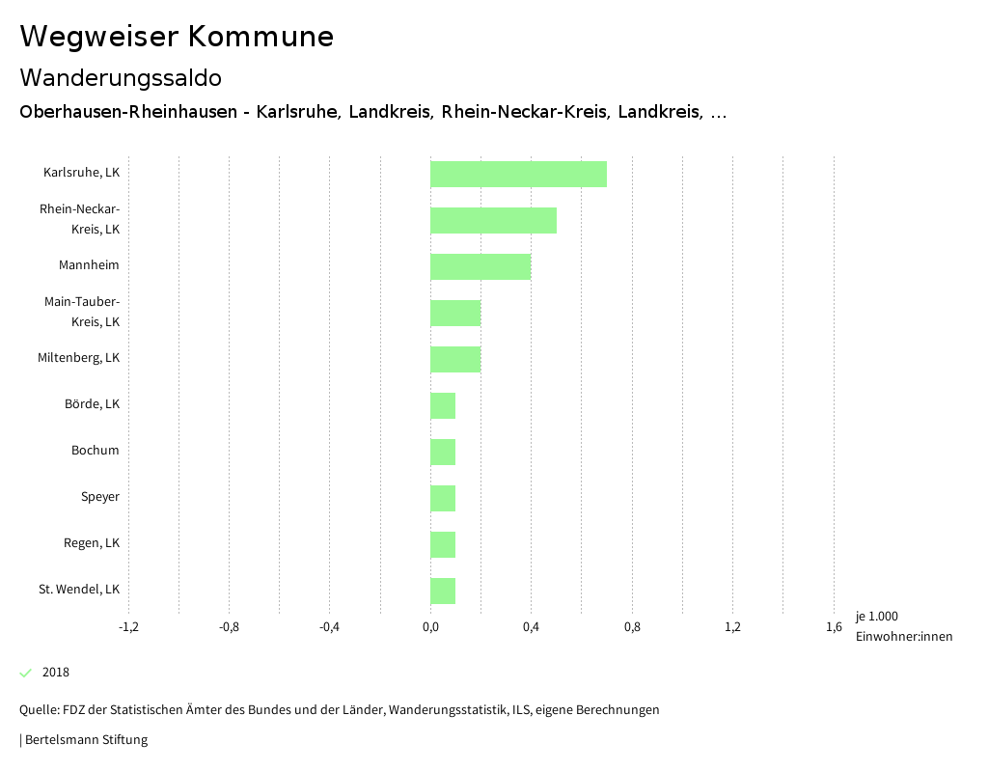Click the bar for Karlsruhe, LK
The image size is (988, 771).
coord(518,174)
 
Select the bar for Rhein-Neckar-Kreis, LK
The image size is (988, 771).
coord(493,220)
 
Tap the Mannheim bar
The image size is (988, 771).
coord(480,266)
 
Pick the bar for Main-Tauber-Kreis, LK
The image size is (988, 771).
coord(455,313)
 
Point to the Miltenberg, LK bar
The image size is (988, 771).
coord(455,359)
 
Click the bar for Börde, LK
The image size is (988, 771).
coord(443,405)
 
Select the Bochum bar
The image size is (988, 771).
coord(443,452)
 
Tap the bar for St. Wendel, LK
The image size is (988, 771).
coord(443,591)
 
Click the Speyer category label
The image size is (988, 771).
coord(100,497)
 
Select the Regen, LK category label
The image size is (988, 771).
coord(92,543)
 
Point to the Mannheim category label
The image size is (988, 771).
coord(89,265)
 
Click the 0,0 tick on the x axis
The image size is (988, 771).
coord(430,627)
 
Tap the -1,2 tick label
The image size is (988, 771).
coord(128,627)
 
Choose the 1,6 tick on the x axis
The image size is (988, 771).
coord(834,627)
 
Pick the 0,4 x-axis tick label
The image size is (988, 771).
coord(531,627)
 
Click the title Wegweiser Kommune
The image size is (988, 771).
coord(177,37)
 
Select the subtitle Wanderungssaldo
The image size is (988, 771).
coord(121,77)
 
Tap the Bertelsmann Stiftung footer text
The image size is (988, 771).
coord(86,740)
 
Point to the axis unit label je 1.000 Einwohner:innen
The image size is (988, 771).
coord(903,626)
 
